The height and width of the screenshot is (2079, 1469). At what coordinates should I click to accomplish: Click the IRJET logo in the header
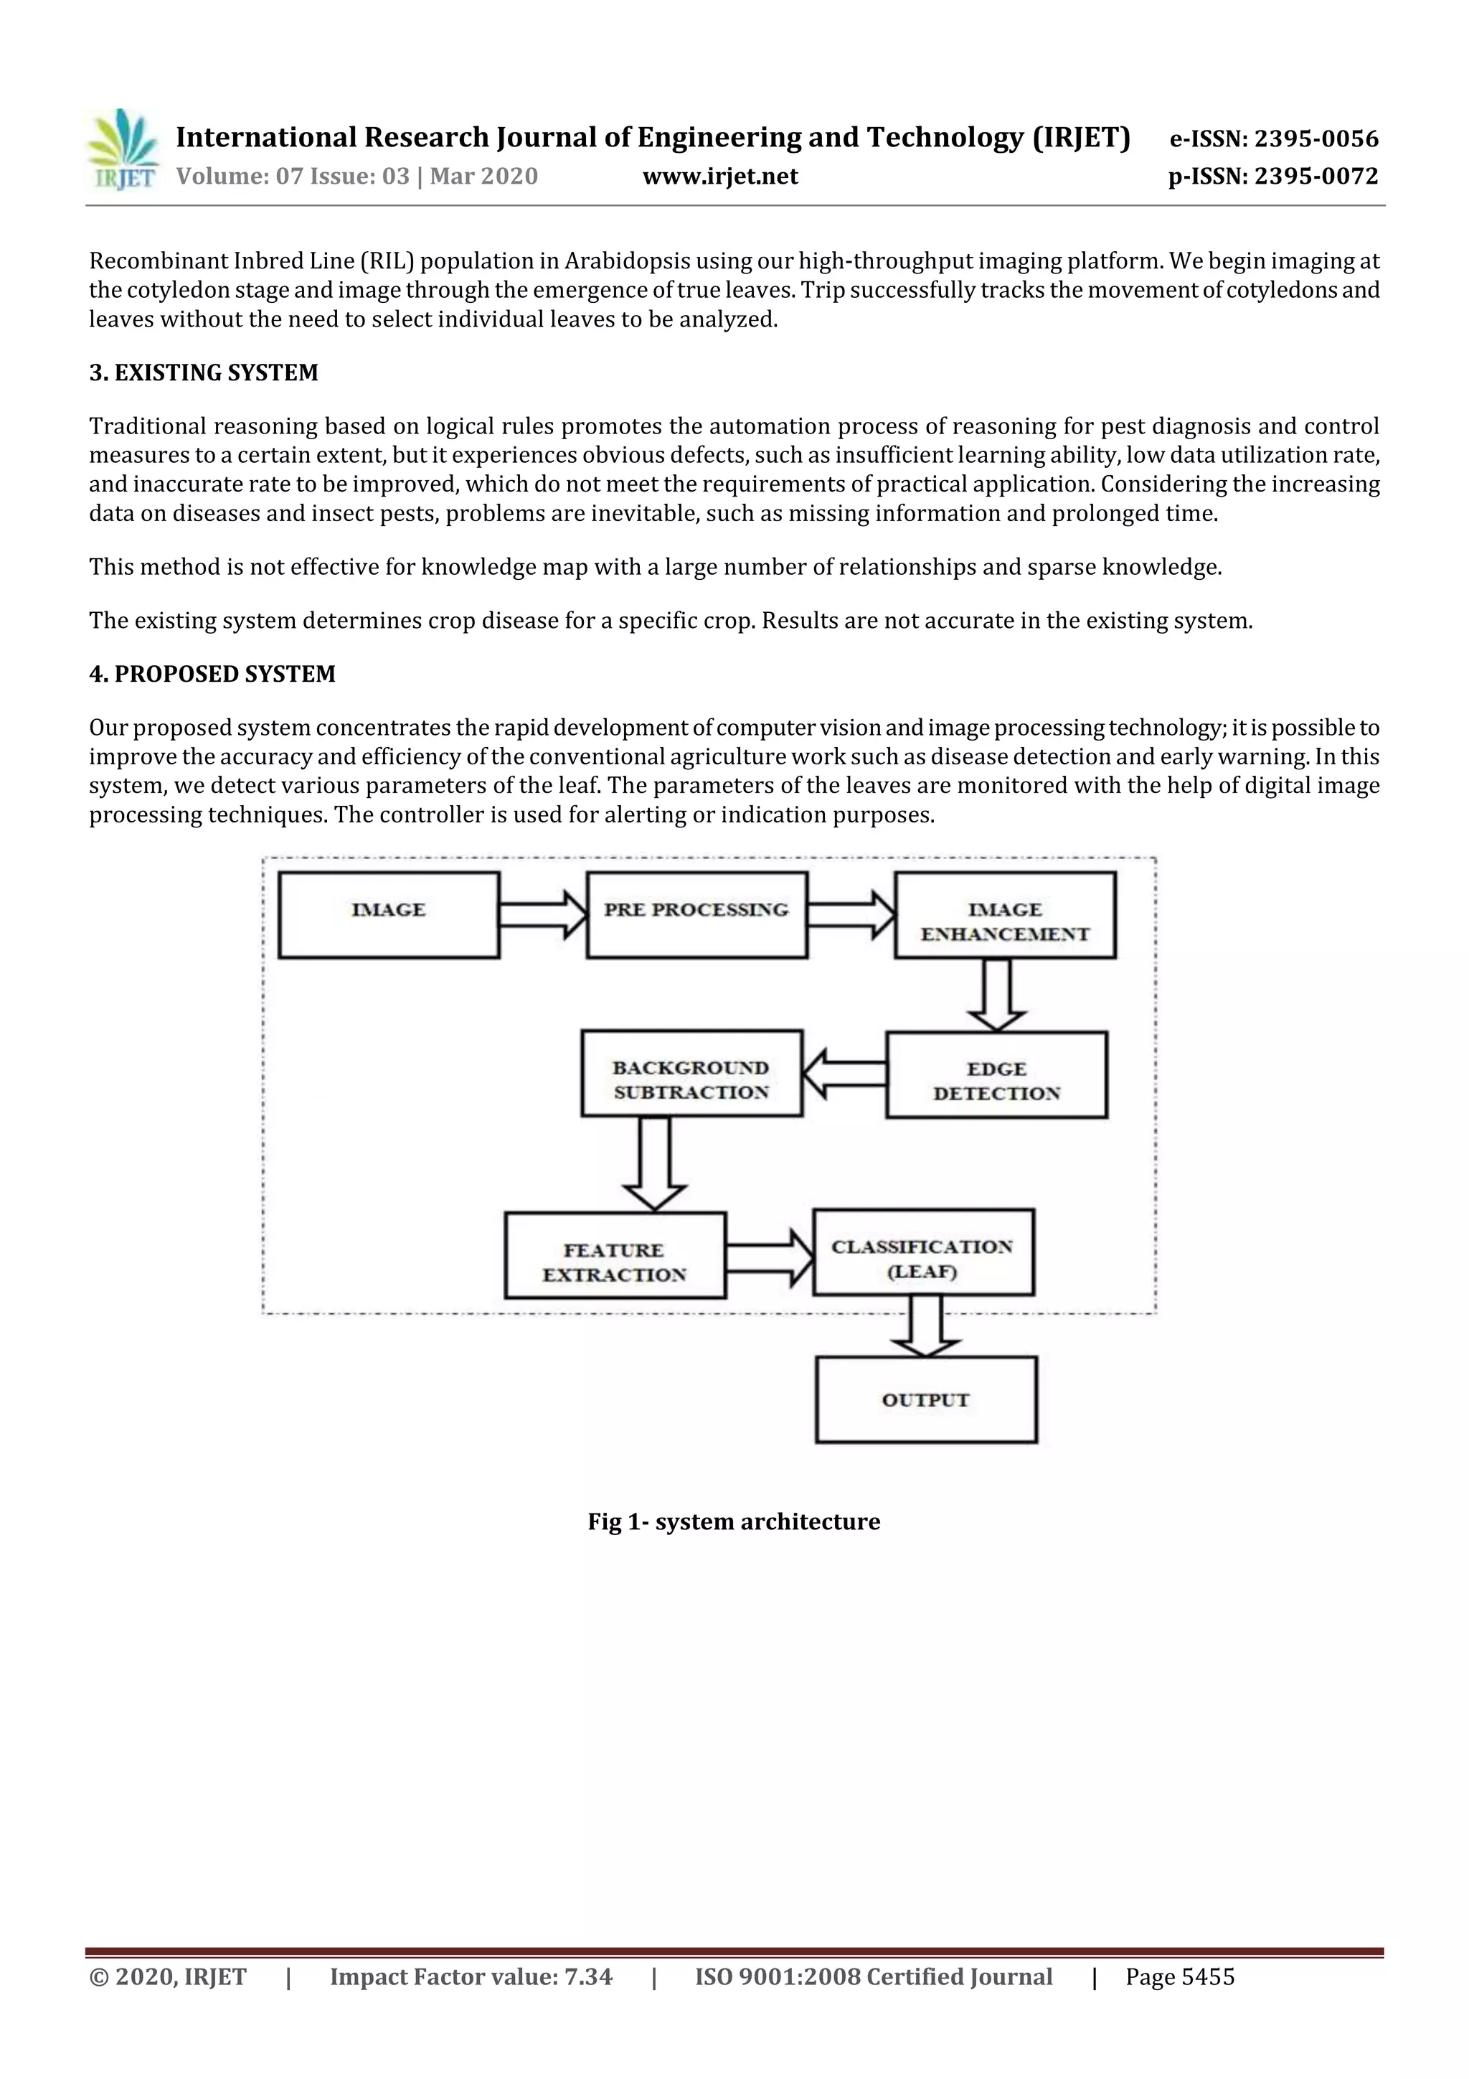[123, 150]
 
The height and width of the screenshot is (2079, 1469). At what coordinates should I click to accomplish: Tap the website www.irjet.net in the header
[719, 177]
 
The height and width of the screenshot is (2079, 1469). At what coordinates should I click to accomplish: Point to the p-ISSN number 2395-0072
[1316, 177]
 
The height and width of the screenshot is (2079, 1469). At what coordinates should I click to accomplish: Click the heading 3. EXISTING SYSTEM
[204, 373]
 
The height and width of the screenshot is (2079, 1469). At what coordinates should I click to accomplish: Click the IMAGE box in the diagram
[388, 914]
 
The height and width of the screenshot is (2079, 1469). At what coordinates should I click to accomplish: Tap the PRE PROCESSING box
[696, 914]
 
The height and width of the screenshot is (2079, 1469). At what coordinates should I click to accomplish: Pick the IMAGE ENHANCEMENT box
[1005, 914]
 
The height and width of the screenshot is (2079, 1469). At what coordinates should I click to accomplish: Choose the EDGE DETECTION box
[996, 1075]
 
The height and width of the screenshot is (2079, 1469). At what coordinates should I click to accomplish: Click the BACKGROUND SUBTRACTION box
[691, 1073]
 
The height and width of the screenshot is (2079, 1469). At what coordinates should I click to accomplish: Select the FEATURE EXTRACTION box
[615, 1255]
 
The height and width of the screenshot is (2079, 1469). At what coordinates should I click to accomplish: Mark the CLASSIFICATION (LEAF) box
[923, 1252]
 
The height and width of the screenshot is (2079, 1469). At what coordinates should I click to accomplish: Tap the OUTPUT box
[926, 1400]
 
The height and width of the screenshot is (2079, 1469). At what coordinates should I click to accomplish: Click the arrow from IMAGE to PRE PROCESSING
[542, 914]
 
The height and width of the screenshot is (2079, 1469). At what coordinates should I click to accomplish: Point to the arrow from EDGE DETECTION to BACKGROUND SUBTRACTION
[844, 1074]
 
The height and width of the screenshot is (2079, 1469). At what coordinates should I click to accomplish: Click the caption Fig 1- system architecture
[733, 1522]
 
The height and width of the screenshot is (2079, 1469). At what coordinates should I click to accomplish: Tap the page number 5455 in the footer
[1206, 1976]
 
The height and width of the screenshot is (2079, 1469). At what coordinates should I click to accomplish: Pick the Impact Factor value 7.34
[588, 1976]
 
